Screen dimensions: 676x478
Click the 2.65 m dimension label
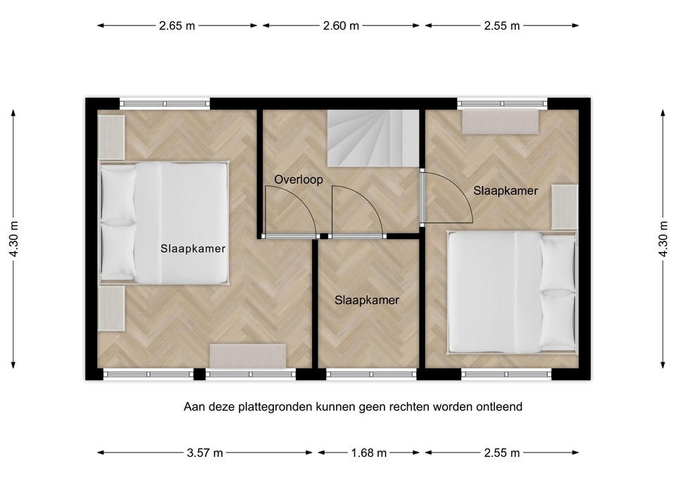coord(177,26)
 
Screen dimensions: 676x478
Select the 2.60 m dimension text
coord(341,26)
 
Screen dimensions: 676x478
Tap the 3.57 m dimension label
coord(205,453)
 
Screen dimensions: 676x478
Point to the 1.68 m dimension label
coord(368,453)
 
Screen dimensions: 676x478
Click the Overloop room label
coord(299,180)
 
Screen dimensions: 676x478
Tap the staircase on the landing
coord(373,138)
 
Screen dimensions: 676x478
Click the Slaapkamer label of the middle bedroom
coord(367,300)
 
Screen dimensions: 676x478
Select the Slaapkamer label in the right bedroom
coord(506,191)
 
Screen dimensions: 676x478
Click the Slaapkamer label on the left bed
coord(193,249)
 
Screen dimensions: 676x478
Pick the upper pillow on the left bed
coord(118,193)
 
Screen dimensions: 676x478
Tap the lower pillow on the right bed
coord(558,320)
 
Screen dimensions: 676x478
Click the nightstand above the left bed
coord(111,137)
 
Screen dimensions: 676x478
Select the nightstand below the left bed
coord(111,308)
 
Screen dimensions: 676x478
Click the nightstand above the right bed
coord(564,207)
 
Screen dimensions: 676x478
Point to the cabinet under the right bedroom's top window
coord(501,122)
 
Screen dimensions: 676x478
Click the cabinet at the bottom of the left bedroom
coord(248,356)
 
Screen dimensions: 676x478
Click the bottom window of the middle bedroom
coord(371,374)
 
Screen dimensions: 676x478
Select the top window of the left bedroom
coord(165,103)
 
